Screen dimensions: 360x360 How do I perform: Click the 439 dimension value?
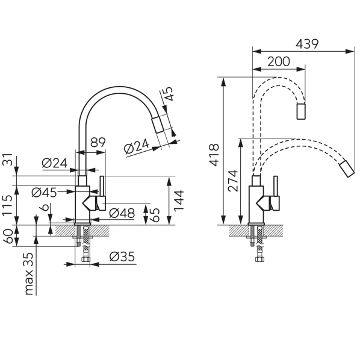point(307,44)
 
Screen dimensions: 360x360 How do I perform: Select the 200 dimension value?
point(279,61)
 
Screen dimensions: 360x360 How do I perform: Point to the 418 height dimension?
point(214,155)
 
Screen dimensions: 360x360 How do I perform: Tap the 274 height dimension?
point(233,181)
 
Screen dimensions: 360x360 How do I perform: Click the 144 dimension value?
point(179,200)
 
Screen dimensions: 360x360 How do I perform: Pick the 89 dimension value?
point(98,142)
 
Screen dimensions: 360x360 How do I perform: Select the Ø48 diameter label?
point(122,213)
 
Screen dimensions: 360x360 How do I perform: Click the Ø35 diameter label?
point(122,256)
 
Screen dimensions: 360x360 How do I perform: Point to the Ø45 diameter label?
point(44,193)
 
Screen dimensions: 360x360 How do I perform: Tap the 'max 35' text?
point(29,274)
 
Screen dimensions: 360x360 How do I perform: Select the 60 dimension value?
point(8,236)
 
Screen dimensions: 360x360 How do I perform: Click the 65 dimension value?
point(155,215)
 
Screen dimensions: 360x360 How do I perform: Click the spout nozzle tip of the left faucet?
point(158,125)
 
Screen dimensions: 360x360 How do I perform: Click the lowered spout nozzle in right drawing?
point(347,169)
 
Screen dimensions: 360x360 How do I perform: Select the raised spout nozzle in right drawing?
point(301,111)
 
